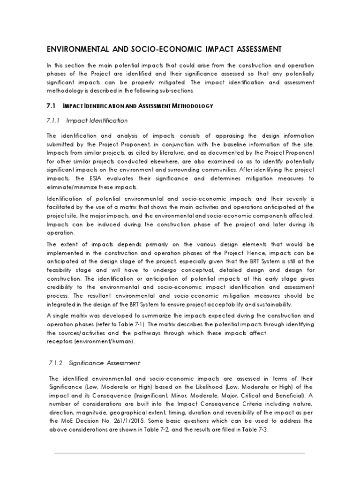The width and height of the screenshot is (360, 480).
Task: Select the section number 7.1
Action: point(52,106)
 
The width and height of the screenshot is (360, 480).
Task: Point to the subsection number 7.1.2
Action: point(56,363)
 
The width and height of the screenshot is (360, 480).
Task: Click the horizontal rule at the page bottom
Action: point(180,453)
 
